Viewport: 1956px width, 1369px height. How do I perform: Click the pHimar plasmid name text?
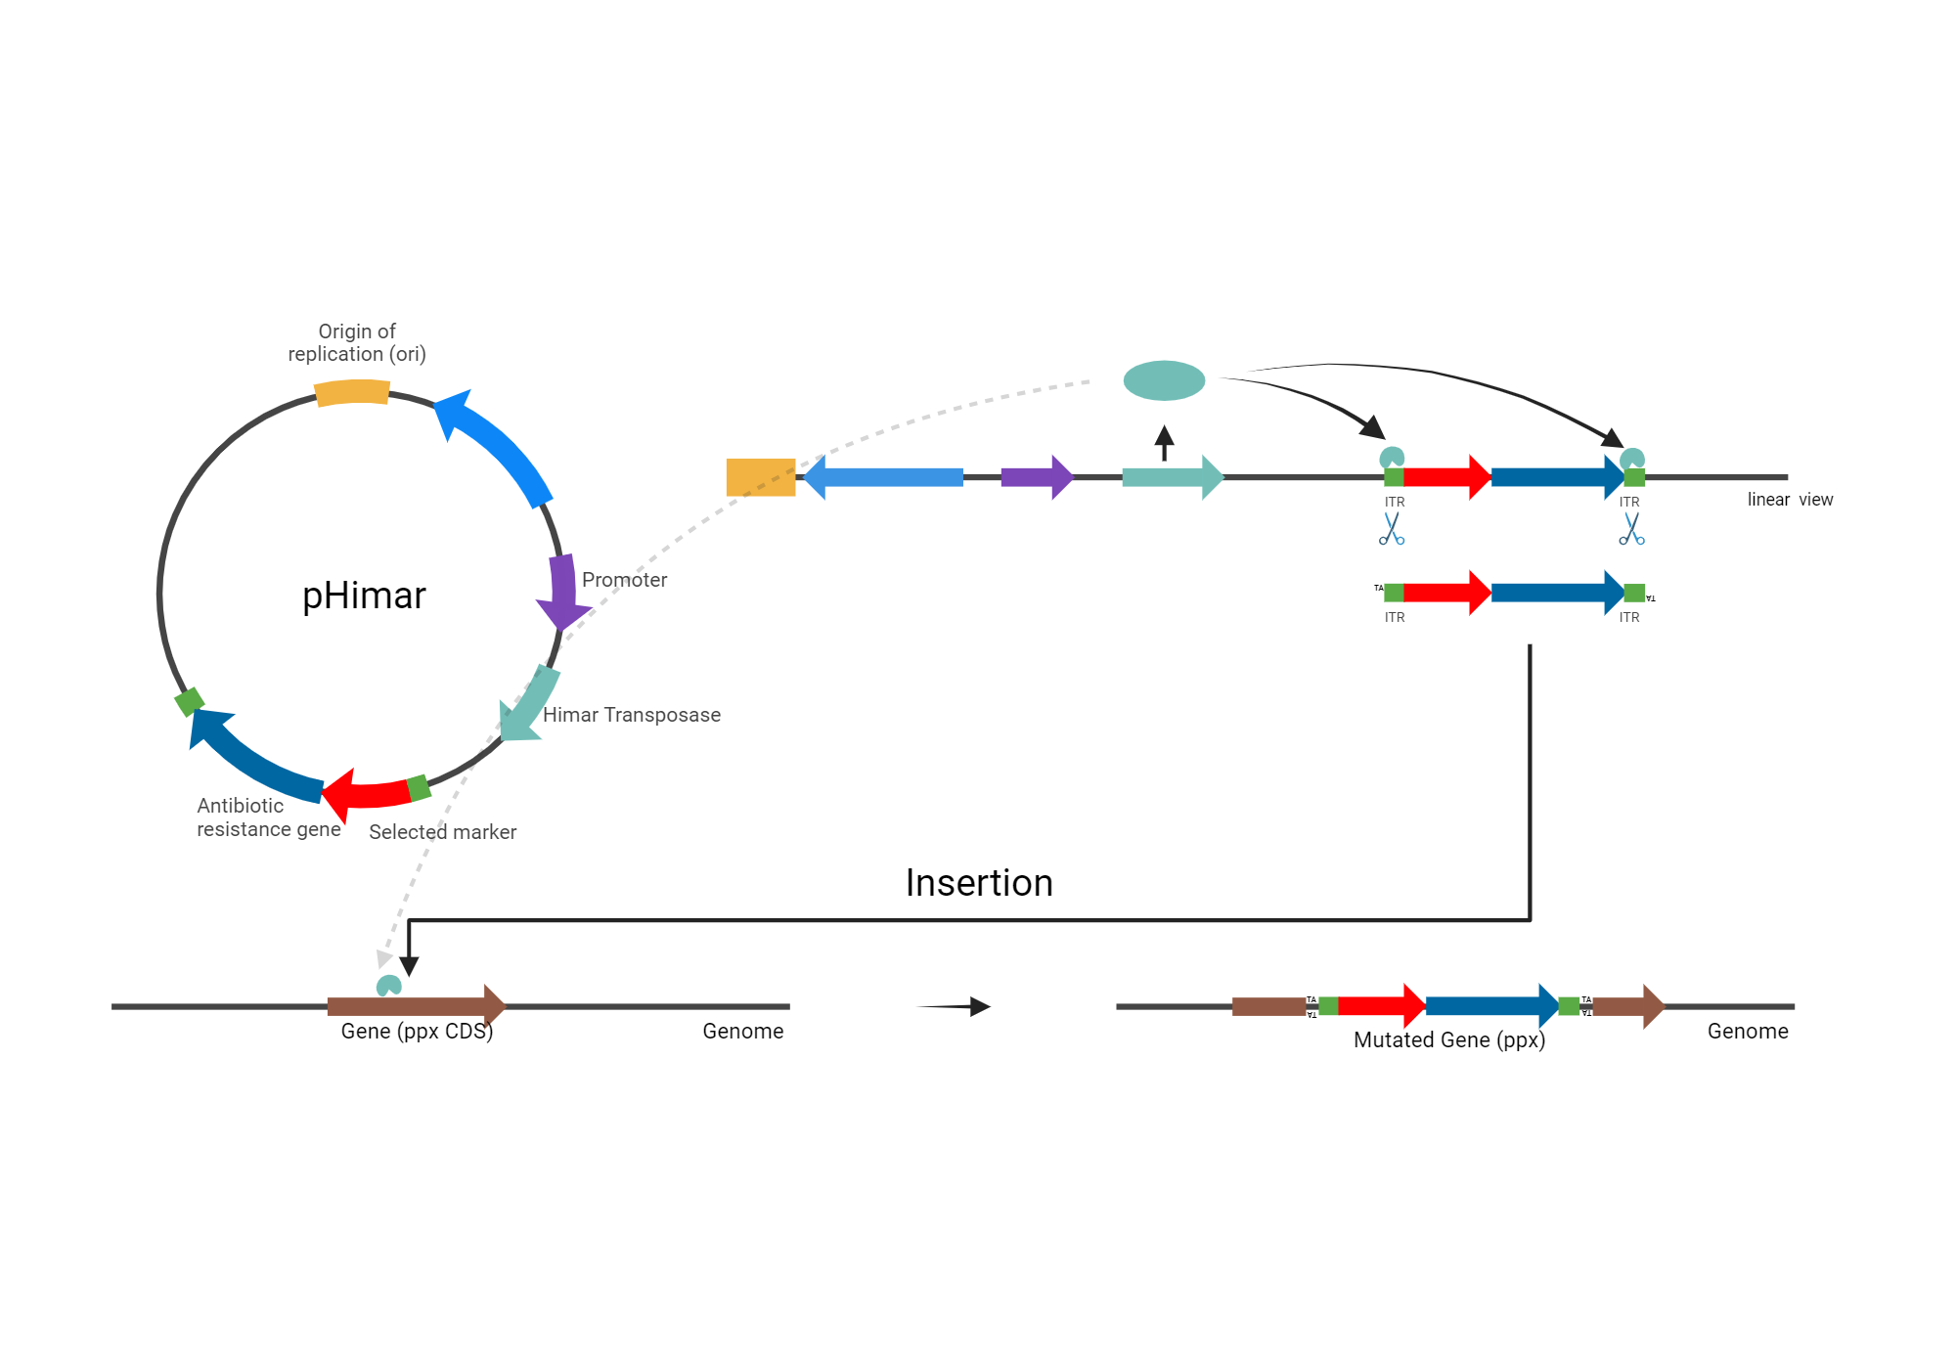[x=364, y=596]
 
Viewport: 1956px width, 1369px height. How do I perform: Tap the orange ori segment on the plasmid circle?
[x=352, y=392]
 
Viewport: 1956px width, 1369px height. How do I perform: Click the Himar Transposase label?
[x=631, y=715]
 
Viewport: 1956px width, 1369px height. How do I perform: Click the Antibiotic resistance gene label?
[x=268, y=817]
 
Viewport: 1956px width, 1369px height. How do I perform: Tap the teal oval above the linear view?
[x=1164, y=380]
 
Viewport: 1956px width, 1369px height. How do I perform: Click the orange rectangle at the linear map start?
[x=761, y=477]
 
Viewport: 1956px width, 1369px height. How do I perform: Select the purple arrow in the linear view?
[x=1036, y=477]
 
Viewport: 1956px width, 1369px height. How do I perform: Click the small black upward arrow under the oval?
[x=1164, y=442]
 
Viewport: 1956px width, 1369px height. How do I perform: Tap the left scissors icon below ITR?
[x=1392, y=529]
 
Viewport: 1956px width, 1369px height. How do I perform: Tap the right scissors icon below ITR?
[x=1631, y=529]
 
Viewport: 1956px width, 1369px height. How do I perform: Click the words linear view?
[x=1790, y=500]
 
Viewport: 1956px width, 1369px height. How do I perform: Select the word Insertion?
[x=979, y=883]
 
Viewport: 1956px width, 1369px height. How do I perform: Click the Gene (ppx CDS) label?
[x=417, y=1032]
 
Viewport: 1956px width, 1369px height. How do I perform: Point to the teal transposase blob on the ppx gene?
[x=389, y=986]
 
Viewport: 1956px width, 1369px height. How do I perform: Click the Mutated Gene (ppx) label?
[x=1448, y=1040]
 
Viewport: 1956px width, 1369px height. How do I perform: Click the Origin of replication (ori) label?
[x=357, y=343]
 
